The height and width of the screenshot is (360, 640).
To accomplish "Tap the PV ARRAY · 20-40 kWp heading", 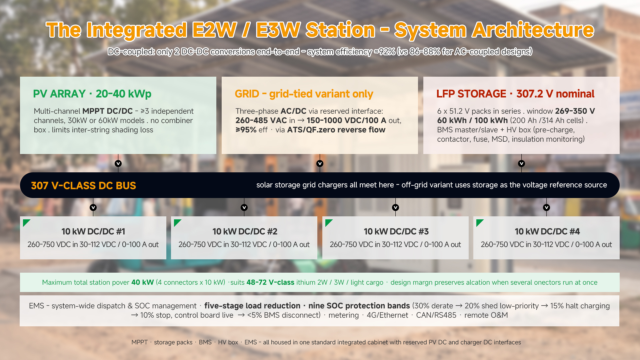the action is tap(92, 94).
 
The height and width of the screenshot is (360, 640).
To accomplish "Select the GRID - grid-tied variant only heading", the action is tap(304, 94).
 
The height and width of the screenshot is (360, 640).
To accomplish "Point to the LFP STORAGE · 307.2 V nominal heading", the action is tap(515, 94).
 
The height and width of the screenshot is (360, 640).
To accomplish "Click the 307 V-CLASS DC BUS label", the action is tap(83, 185).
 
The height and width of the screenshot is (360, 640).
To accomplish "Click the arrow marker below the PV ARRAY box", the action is tap(118, 163).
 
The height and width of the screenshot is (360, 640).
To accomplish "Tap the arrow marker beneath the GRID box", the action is tap(320, 163).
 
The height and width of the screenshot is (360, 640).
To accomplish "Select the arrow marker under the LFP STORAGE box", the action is tap(521, 163).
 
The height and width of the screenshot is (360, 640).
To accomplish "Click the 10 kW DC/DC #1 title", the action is tap(93, 231).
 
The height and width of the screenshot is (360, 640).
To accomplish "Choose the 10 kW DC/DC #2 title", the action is tap(245, 231).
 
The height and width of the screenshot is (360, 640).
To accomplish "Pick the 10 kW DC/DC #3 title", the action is tap(396, 231).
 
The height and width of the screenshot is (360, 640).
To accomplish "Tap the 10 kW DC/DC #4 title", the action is tap(547, 231).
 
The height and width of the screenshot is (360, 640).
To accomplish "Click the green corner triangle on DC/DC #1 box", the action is tap(26, 222).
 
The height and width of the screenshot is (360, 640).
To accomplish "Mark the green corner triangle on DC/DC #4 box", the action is tap(479, 222).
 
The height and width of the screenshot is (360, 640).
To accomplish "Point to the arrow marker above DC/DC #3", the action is tap(395, 207).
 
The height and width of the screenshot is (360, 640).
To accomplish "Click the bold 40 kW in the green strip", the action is tap(142, 282).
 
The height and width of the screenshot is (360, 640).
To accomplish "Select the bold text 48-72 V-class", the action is tap(270, 282).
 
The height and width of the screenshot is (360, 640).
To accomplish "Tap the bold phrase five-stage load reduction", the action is tap(252, 306).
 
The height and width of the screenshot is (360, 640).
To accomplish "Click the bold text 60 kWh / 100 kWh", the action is tap(472, 120).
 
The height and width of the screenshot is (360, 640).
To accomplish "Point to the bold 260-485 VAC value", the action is tap(261, 120).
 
